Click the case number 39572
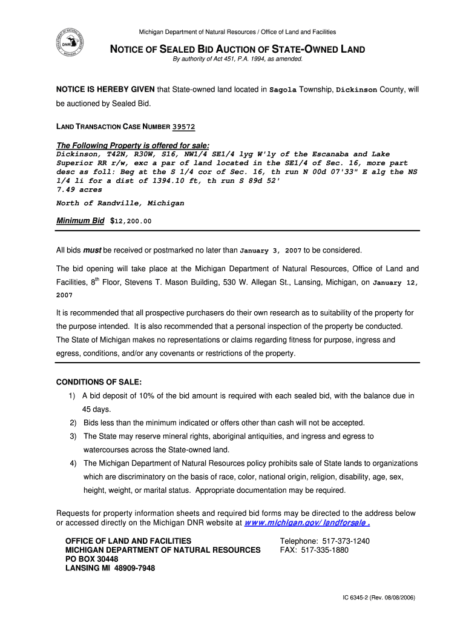183,127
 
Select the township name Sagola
283,90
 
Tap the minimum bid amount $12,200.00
131,221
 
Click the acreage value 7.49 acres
79,190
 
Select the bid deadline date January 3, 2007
271,250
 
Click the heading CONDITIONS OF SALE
99,382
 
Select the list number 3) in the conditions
73,436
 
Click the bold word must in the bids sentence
92,250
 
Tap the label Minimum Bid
80,220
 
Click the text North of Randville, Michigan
120,203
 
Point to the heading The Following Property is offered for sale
133,145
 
